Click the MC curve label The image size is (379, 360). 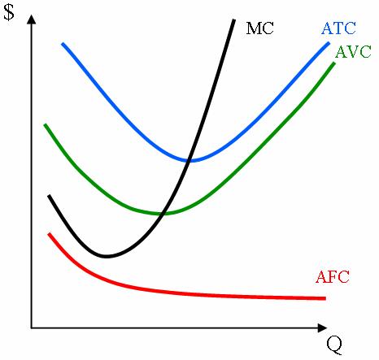pyautogui.click(x=260, y=28)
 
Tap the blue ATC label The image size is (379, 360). pyautogui.click(x=338, y=28)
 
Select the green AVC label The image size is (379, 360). pyautogui.click(x=353, y=51)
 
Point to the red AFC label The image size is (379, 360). pyautogui.click(x=332, y=277)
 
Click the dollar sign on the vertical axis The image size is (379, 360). pyautogui.click(x=9, y=14)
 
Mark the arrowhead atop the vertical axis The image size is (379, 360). pyautogui.click(x=32, y=18)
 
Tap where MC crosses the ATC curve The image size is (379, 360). pyautogui.click(x=189, y=160)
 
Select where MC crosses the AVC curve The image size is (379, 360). pyautogui.click(x=164, y=214)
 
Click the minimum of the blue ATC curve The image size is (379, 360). pyautogui.click(x=192, y=160)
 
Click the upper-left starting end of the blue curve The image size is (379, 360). pyautogui.click(x=63, y=42)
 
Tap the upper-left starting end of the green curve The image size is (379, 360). pyautogui.click(x=45, y=124)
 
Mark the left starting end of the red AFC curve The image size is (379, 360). pyautogui.click(x=49, y=234)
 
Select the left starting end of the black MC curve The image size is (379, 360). pyautogui.click(x=49, y=196)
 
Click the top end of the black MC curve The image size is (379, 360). pyautogui.click(x=234, y=19)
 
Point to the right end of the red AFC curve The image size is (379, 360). pyautogui.click(x=325, y=298)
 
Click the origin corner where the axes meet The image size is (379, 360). pyautogui.click(x=32, y=328)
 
